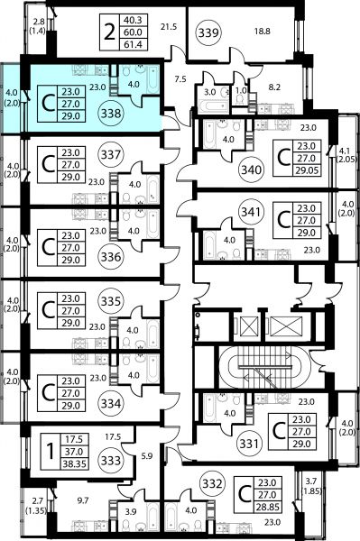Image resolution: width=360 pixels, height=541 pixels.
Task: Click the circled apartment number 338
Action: point(110,114)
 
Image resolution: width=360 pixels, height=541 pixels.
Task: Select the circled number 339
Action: point(208,32)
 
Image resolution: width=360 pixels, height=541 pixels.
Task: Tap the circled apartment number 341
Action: point(251,212)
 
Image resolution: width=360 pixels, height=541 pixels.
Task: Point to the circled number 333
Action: point(110,460)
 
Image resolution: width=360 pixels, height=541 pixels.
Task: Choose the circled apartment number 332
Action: point(212,483)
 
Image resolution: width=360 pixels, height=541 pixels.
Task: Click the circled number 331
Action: point(249,443)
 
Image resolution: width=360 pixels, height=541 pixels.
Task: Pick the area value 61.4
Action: point(133,44)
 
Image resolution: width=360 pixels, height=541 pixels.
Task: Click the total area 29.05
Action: point(307,170)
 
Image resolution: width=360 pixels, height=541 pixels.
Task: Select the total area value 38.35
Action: point(74,464)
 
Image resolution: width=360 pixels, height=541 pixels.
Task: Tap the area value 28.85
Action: point(266,507)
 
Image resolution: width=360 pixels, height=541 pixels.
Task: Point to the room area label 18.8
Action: point(263,32)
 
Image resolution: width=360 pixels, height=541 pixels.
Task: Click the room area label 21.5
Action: point(169,26)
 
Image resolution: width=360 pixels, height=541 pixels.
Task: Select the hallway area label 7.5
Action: point(180,79)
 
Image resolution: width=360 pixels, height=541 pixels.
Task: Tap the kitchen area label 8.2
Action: point(274,87)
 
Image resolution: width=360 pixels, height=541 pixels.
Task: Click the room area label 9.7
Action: point(83,500)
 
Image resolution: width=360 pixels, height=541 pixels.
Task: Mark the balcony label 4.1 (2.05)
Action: point(346,154)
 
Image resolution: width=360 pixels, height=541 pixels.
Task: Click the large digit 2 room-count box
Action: point(109,32)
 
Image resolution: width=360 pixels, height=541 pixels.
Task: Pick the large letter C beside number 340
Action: point(283,158)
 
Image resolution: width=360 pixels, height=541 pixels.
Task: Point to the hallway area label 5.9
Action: point(147,455)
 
